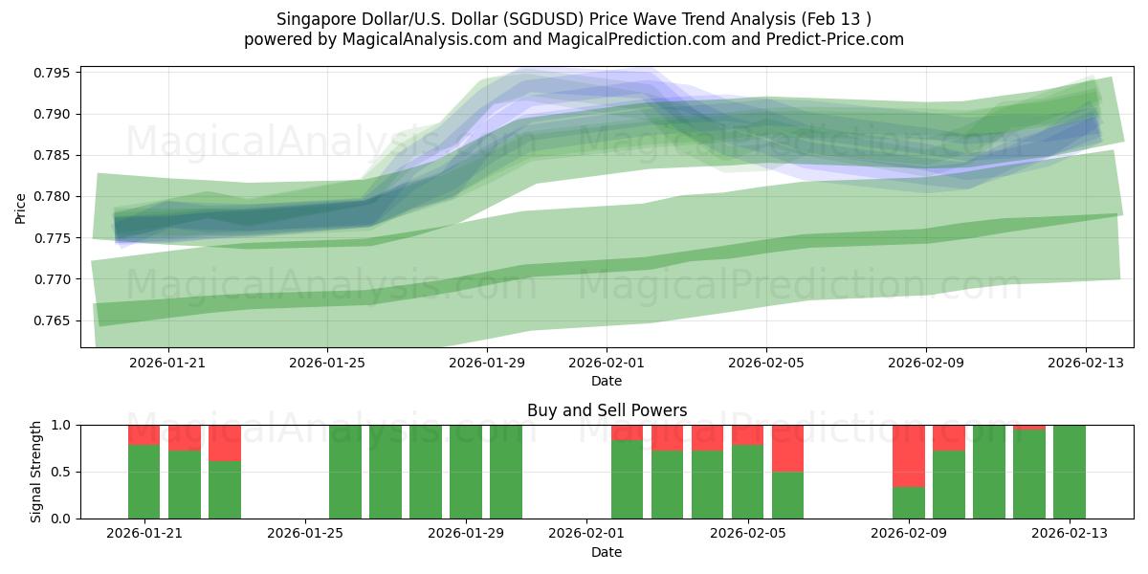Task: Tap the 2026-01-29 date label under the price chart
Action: [487, 364]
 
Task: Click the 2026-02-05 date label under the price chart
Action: [765, 364]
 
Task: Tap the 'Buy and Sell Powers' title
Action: [607, 410]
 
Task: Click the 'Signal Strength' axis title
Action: [35, 472]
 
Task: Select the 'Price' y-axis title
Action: [21, 207]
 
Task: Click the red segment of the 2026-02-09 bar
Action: [909, 455]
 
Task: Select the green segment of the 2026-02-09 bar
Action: [909, 502]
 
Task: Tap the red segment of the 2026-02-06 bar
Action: [787, 448]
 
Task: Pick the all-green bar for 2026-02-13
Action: [1070, 472]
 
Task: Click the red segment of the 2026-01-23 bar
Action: [225, 443]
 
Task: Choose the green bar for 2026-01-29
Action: [466, 472]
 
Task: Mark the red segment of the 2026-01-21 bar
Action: [144, 434]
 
